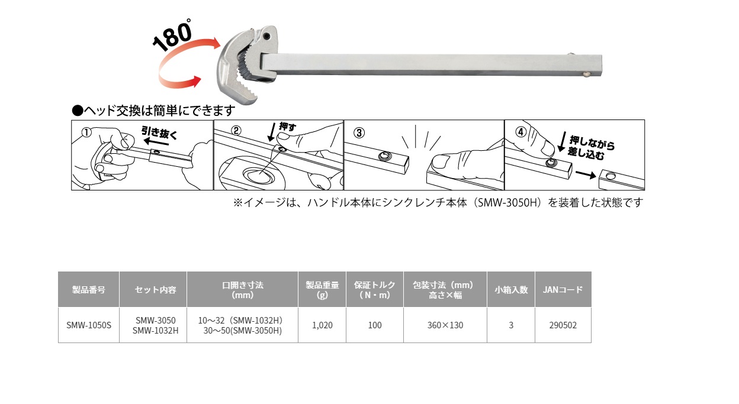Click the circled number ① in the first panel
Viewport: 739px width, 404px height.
click(x=86, y=133)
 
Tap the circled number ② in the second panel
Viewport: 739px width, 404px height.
click(x=236, y=131)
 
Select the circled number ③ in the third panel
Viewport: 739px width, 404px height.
click(x=359, y=133)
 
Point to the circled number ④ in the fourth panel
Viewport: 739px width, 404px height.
click(x=520, y=132)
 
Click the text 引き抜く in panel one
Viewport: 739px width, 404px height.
click(x=159, y=133)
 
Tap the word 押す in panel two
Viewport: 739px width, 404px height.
click(x=287, y=127)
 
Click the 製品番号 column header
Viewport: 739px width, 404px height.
click(x=88, y=290)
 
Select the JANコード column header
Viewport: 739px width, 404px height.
click(x=563, y=290)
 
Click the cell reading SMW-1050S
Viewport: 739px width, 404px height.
click(x=89, y=325)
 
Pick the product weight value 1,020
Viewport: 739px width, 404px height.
click(x=322, y=325)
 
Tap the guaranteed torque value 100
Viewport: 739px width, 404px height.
click(x=375, y=325)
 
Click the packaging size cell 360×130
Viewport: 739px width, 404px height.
click(x=445, y=325)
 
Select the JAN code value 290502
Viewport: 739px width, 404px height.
click(x=563, y=325)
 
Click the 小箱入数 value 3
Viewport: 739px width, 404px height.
click(x=511, y=325)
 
